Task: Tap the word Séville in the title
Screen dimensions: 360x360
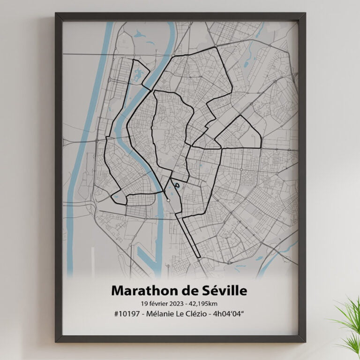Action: pos(221,290)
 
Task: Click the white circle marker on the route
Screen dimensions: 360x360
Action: pos(168,201)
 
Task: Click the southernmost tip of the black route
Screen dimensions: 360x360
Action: pos(199,258)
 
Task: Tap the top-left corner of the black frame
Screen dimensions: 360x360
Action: pos(57,15)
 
